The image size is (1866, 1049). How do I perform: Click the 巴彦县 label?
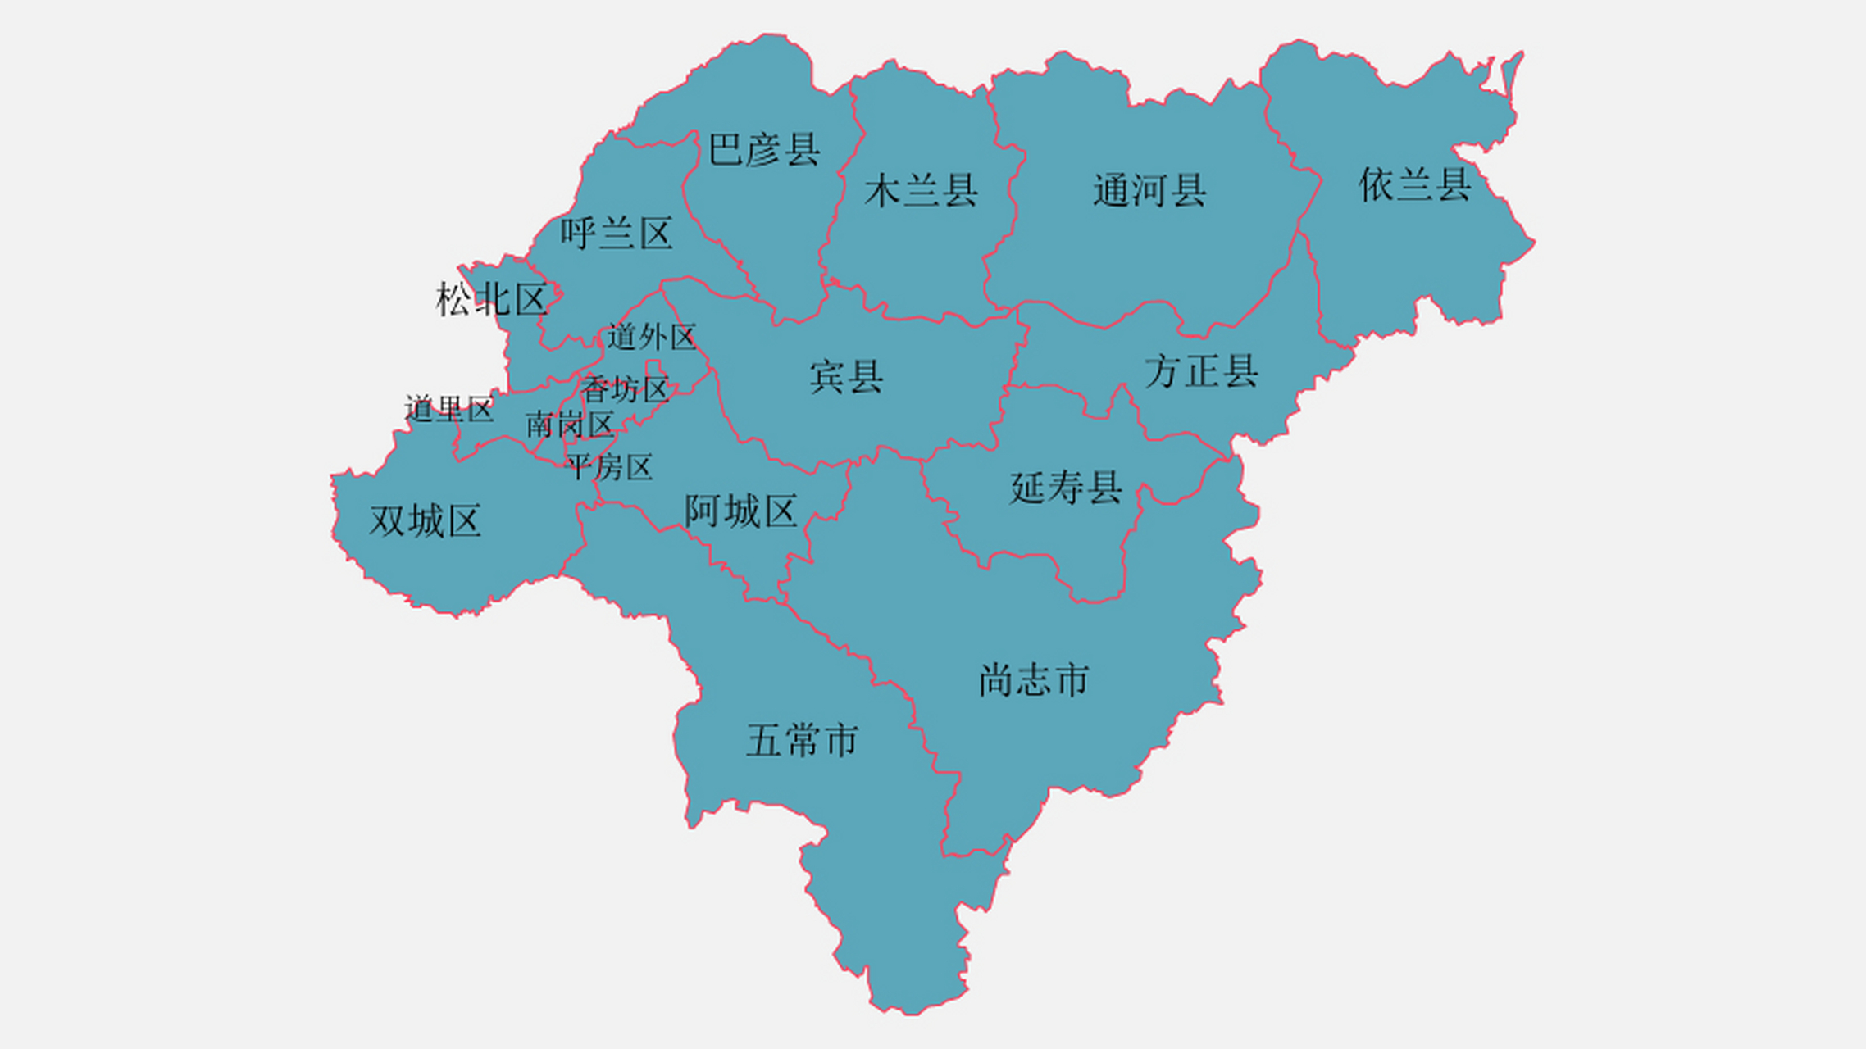tap(763, 150)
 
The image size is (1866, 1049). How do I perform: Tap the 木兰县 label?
tap(921, 191)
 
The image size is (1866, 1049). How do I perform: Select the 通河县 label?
tap(1149, 191)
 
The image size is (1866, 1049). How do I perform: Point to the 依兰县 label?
tap(1415, 185)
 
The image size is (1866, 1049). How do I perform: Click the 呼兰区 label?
tap(617, 234)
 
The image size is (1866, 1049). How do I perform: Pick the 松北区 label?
tap(491, 300)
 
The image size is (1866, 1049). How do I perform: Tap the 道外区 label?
tap(651, 337)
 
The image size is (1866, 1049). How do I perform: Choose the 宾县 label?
tap(846, 377)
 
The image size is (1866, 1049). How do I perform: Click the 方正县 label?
tap(1201, 372)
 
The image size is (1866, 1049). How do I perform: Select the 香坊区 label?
tap(625, 389)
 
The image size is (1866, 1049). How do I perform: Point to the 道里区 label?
tap(448, 409)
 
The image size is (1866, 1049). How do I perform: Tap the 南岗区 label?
tap(569, 425)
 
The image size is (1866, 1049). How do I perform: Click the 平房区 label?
tap(609, 467)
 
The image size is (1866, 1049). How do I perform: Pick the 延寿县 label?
tap(1066, 488)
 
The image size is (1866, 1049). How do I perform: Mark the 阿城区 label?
tap(740, 511)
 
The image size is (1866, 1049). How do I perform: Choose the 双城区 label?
tap(425, 521)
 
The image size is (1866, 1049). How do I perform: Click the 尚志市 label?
tap(1034, 681)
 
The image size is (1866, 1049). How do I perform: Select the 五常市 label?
tap(802, 741)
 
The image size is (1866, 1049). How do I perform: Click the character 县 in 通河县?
tap(1188, 191)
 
